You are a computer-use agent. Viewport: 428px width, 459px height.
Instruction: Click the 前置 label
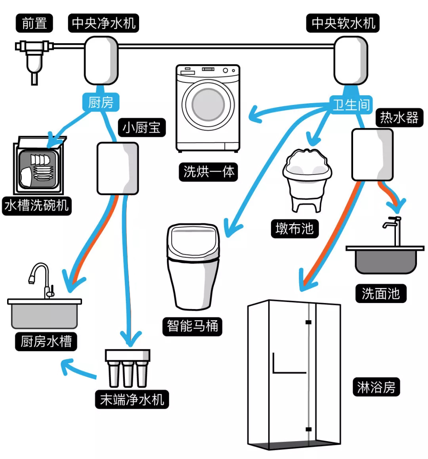(34, 23)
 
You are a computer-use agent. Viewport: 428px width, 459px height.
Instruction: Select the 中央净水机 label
(103, 23)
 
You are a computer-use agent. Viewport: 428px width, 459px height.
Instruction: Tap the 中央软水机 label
(343, 23)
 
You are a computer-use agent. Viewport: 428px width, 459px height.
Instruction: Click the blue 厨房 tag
(101, 102)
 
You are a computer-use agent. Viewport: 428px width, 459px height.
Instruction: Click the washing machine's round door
(208, 104)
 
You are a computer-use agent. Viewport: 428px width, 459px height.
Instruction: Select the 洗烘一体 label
(208, 172)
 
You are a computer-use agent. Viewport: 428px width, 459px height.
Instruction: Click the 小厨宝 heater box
(118, 169)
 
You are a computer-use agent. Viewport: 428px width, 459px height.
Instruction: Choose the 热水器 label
(399, 117)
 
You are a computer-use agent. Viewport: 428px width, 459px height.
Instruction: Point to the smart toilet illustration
(193, 266)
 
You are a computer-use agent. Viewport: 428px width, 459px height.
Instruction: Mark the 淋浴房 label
(376, 387)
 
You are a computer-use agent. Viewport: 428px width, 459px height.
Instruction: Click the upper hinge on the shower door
(308, 322)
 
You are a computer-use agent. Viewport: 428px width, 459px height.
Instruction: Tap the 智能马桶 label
(192, 326)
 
